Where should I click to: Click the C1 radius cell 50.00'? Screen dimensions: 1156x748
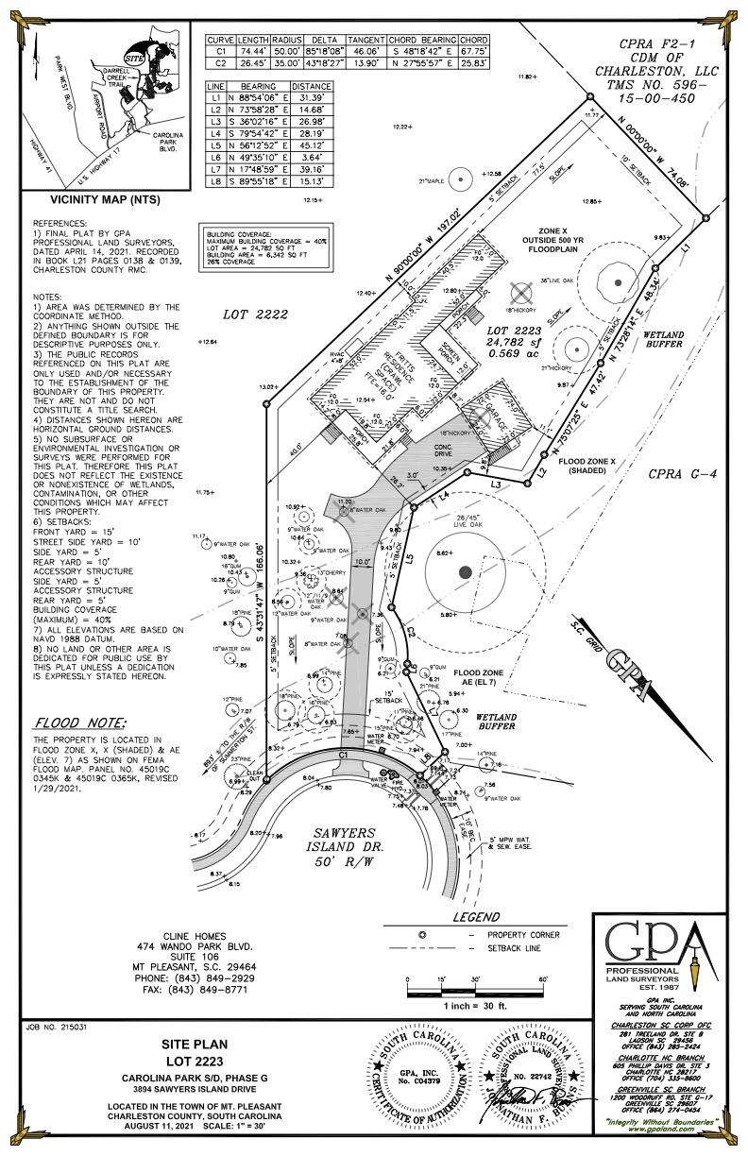pyautogui.click(x=288, y=52)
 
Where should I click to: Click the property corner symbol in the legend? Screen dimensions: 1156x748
pyautogui.click(x=423, y=934)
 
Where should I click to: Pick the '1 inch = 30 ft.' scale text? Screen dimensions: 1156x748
pyautogui.click(x=478, y=1007)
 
